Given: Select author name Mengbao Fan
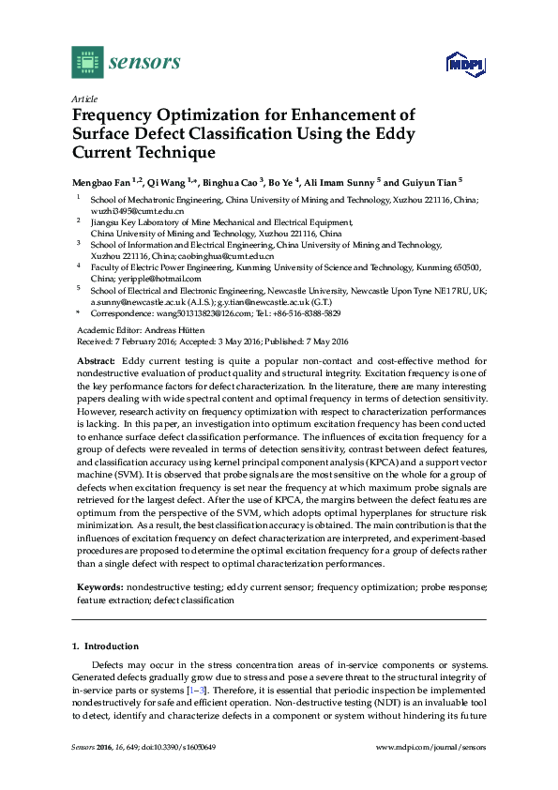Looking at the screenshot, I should click(102, 182).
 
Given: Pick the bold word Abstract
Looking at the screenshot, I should click(96, 360).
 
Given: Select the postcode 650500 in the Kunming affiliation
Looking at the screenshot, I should click(462, 267).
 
